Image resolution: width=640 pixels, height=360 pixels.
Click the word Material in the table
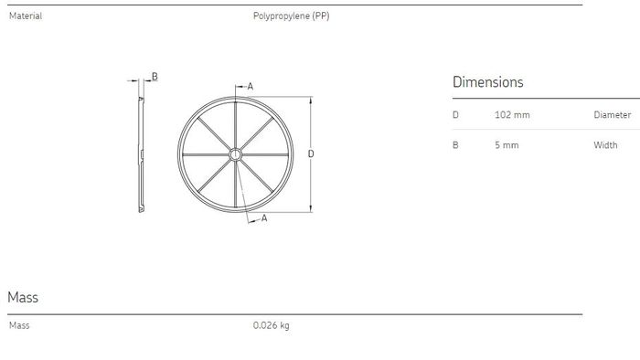point(26,16)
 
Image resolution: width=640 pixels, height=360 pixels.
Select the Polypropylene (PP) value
point(291,16)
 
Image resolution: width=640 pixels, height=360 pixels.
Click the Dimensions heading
point(487,82)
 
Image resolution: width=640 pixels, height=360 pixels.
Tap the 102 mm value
point(512,115)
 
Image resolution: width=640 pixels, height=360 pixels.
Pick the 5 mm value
point(507,145)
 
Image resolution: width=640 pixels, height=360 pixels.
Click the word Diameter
point(613,115)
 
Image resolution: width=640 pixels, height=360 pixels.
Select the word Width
point(605,145)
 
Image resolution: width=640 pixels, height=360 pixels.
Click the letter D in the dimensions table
point(455,115)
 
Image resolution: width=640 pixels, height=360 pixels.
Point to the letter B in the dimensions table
point(455,145)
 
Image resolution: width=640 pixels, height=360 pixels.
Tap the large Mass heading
point(23,297)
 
